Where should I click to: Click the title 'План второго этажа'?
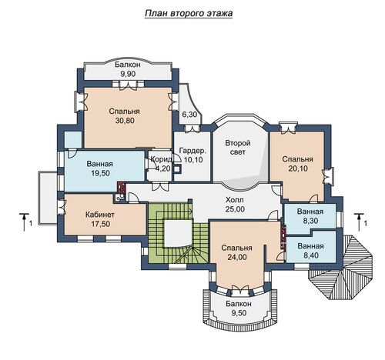[189, 13]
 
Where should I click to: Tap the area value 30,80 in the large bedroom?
[125, 120]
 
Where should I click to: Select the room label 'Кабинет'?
[100, 215]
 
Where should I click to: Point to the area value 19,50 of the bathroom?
[100, 173]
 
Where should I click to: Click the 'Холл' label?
[235, 199]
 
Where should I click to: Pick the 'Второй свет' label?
[238, 147]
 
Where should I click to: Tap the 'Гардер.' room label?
[192, 151]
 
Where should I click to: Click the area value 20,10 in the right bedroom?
[298, 168]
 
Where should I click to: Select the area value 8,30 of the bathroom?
[310, 221]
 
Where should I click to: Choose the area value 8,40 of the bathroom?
[310, 255]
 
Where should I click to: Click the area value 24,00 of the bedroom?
[237, 257]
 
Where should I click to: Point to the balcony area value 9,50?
[239, 313]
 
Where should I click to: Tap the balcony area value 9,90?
[128, 74]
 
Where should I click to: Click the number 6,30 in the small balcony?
[189, 115]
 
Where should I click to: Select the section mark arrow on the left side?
[25, 222]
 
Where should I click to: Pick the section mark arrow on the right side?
[359, 222]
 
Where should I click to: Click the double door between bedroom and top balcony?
[128, 85]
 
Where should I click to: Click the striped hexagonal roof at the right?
[340, 268]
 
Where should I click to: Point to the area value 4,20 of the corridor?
[161, 168]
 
